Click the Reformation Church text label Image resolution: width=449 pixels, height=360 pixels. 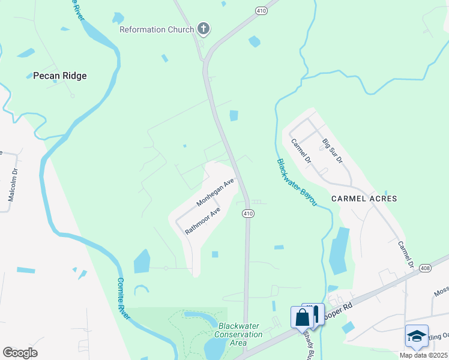pyautogui.click(x=157, y=29)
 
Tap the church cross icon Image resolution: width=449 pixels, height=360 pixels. pyautogui.click(x=203, y=29)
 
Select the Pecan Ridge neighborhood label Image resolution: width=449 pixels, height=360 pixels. pyautogui.click(x=59, y=76)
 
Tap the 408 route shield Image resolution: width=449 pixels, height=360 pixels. pyautogui.click(x=425, y=268)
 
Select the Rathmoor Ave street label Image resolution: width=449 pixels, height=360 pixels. pyautogui.click(x=203, y=221)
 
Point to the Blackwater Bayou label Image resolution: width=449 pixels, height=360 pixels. pyautogui.click(x=297, y=183)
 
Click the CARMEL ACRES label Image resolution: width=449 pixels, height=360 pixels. pyautogui.click(x=364, y=198)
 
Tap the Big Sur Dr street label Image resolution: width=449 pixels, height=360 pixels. pyautogui.click(x=332, y=151)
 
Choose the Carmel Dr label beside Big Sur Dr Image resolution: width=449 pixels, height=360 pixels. pyautogui.click(x=301, y=151)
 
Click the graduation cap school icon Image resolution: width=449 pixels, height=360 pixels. pyautogui.click(x=417, y=336)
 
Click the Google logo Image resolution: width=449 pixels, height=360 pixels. pyautogui.click(x=20, y=352)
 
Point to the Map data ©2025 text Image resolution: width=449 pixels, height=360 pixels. pyautogui.click(x=423, y=355)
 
